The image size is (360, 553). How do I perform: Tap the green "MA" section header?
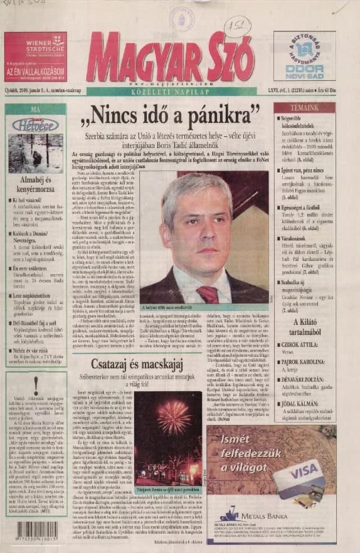tap(35, 108)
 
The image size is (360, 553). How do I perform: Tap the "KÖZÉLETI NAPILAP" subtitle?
tap(176, 90)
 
